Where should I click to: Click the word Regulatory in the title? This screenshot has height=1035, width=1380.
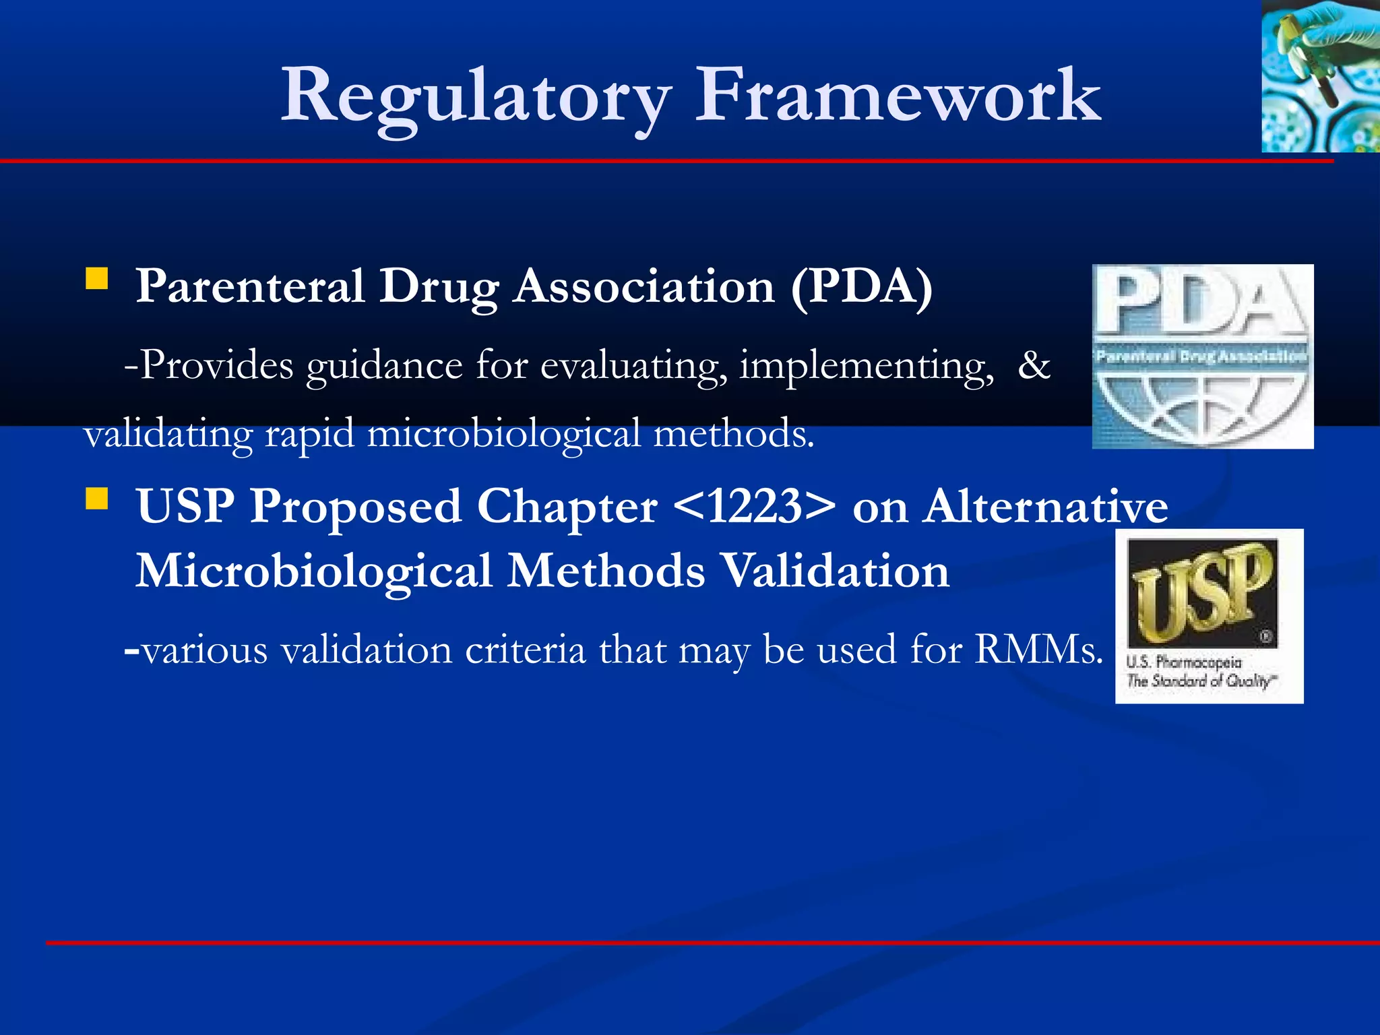(476, 96)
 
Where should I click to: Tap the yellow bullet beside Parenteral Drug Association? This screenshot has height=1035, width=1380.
(97, 278)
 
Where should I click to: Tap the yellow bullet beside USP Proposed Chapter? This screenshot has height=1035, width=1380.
(97, 499)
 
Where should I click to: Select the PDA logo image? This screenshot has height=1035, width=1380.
(1202, 356)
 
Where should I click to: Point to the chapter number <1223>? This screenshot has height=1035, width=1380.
(754, 507)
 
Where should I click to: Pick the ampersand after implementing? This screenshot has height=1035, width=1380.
(1034, 365)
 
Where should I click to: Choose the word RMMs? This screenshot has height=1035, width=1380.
(1038, 650)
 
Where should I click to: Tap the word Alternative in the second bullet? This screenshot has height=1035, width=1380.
(1046, 507)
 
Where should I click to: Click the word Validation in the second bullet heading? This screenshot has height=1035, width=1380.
(835, 571)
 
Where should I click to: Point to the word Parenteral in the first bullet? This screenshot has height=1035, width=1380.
(250, 286)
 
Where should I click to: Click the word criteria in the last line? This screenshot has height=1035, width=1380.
(525, 650)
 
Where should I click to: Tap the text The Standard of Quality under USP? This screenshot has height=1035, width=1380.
(1201, 681)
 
